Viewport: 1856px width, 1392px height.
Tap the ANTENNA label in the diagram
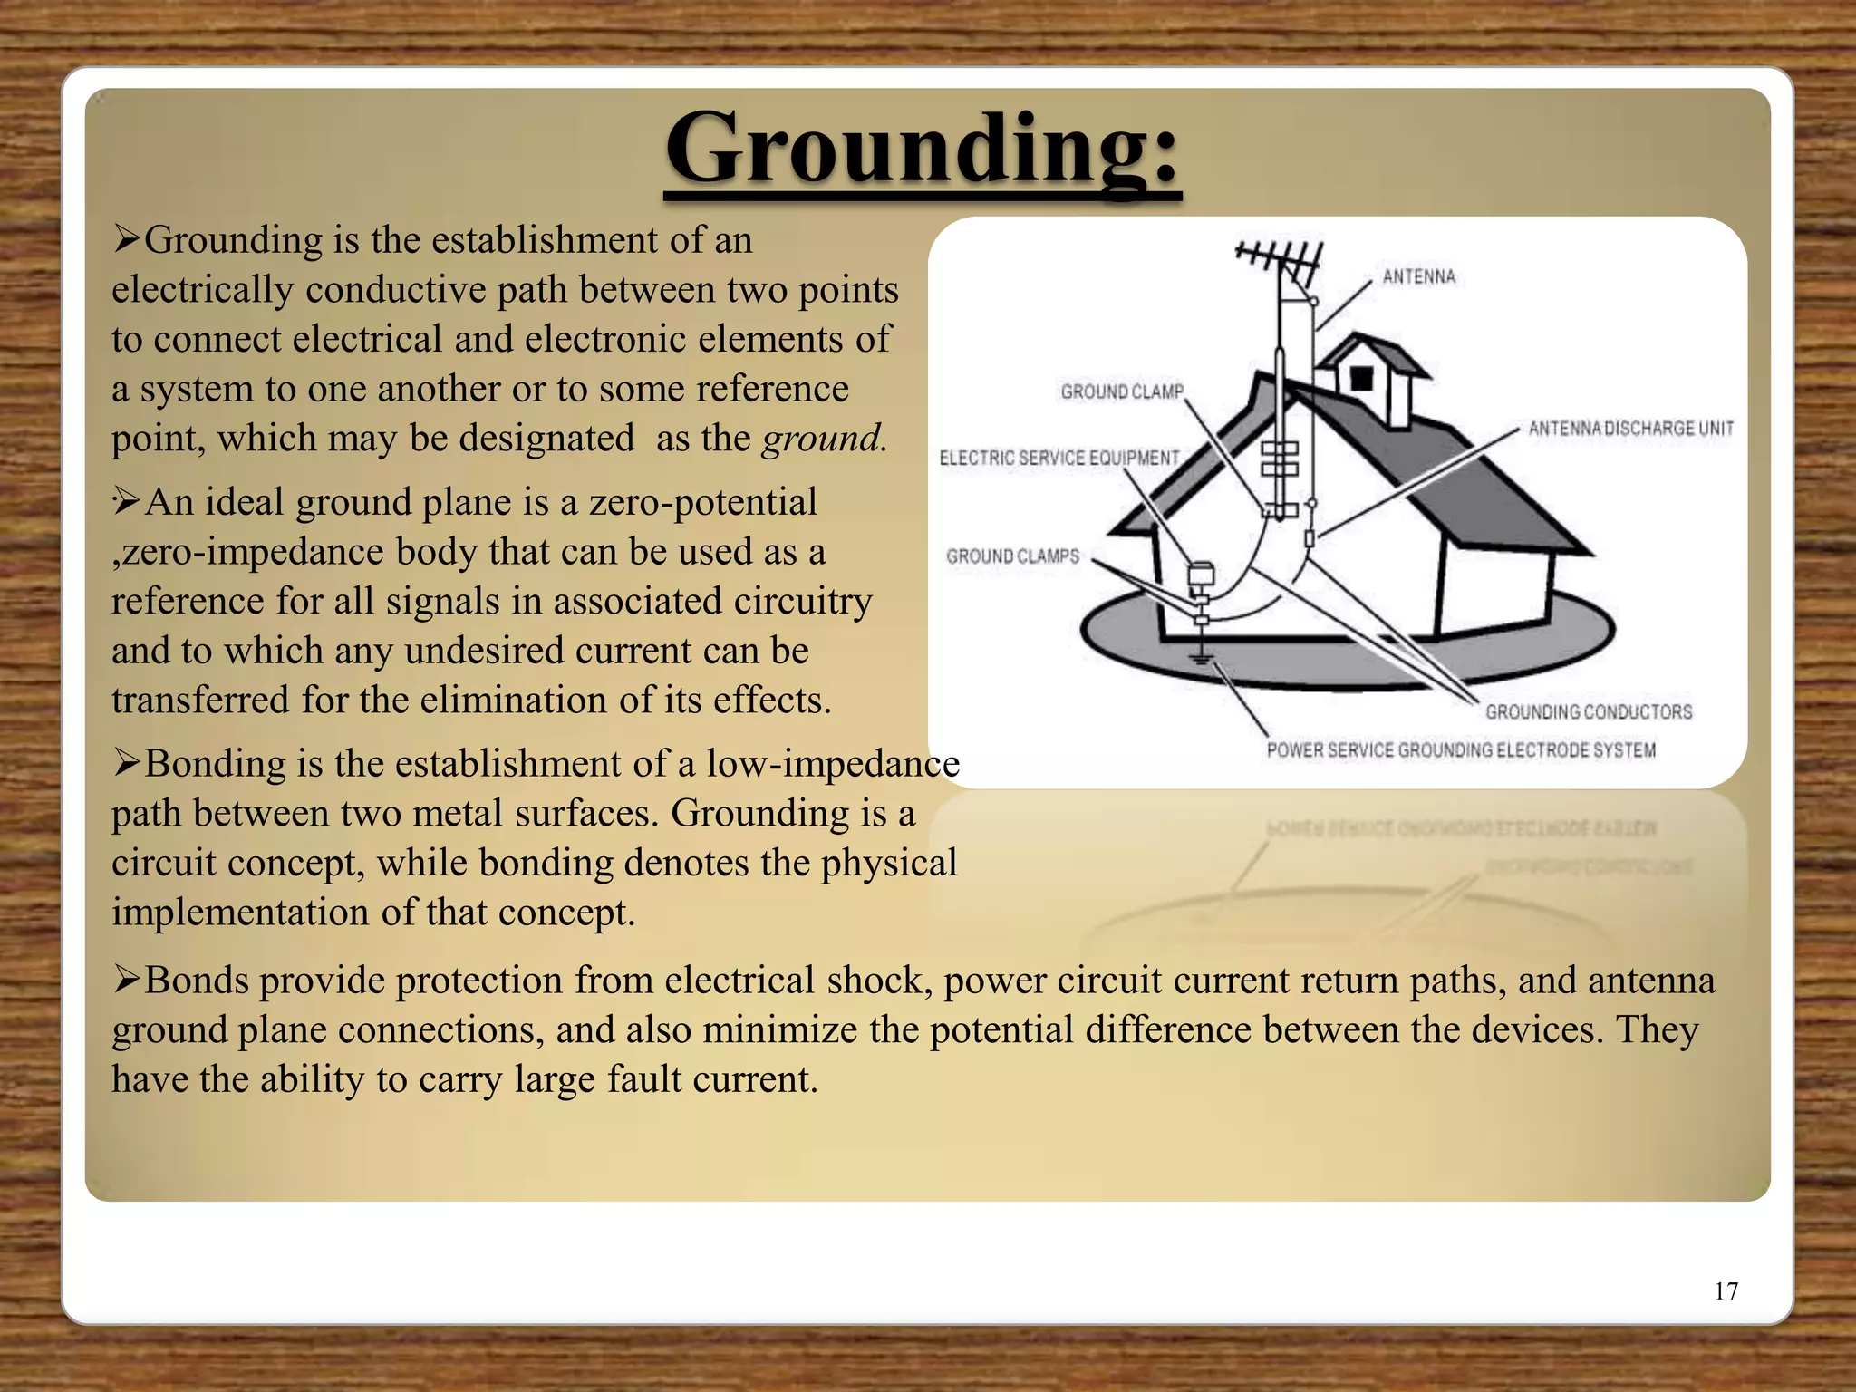(x=1418, y=276)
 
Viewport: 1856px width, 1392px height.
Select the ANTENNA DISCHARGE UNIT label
(x=1630, y=428)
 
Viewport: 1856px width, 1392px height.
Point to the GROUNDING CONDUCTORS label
(x=1588, y=711)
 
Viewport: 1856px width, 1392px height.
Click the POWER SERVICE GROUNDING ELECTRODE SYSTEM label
(x=1461, y=750)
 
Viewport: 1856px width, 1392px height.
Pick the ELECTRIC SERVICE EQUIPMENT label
(x=1058, y=458)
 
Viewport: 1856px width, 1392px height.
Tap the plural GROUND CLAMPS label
(x=1012, y=556)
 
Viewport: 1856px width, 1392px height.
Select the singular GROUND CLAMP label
(x=1122, y=391)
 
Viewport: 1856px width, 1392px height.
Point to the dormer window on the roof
(x=1361, y=378)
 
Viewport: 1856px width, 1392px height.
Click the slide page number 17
(x=1725, y=1291)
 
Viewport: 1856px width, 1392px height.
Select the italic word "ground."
(x=823, y=439)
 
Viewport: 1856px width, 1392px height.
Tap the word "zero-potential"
(x=702, y=502)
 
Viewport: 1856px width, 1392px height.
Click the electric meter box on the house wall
(x=1200, y=576)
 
